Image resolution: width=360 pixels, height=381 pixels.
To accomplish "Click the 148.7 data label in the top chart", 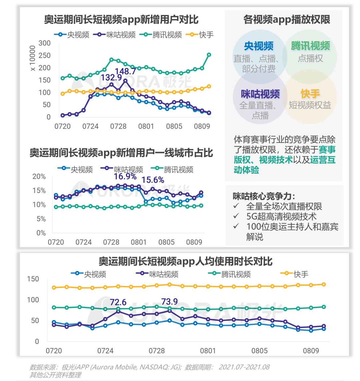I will [x=126, y=71].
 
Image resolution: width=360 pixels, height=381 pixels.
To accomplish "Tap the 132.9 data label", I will [x=112, y=78].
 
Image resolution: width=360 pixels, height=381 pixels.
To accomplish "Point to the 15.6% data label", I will [x=153, y=180].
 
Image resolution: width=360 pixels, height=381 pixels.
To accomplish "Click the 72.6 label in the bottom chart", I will [x=118, y=302].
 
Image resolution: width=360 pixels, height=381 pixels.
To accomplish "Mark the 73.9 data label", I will [x=169, y=302].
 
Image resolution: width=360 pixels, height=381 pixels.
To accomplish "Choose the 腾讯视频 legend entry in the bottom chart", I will [x=230, y=274].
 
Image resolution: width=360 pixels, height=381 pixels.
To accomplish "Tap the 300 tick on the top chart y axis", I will [x=44, y=43].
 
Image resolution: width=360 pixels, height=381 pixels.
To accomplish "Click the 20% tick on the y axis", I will [x=39, y=176].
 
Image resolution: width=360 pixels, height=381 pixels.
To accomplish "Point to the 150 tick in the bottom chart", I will [x=33, y=279].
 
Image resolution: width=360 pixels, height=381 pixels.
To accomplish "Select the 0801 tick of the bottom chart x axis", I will [x=208, y=351].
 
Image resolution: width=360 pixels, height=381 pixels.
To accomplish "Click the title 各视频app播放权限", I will [x=287, y=20].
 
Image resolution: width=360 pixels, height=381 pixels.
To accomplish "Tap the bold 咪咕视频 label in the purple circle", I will [x=260, y=94].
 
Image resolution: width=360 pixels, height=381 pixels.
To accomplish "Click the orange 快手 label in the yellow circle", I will [x=310, y=94].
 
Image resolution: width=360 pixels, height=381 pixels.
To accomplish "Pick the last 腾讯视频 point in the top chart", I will [x=209, y=55].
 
